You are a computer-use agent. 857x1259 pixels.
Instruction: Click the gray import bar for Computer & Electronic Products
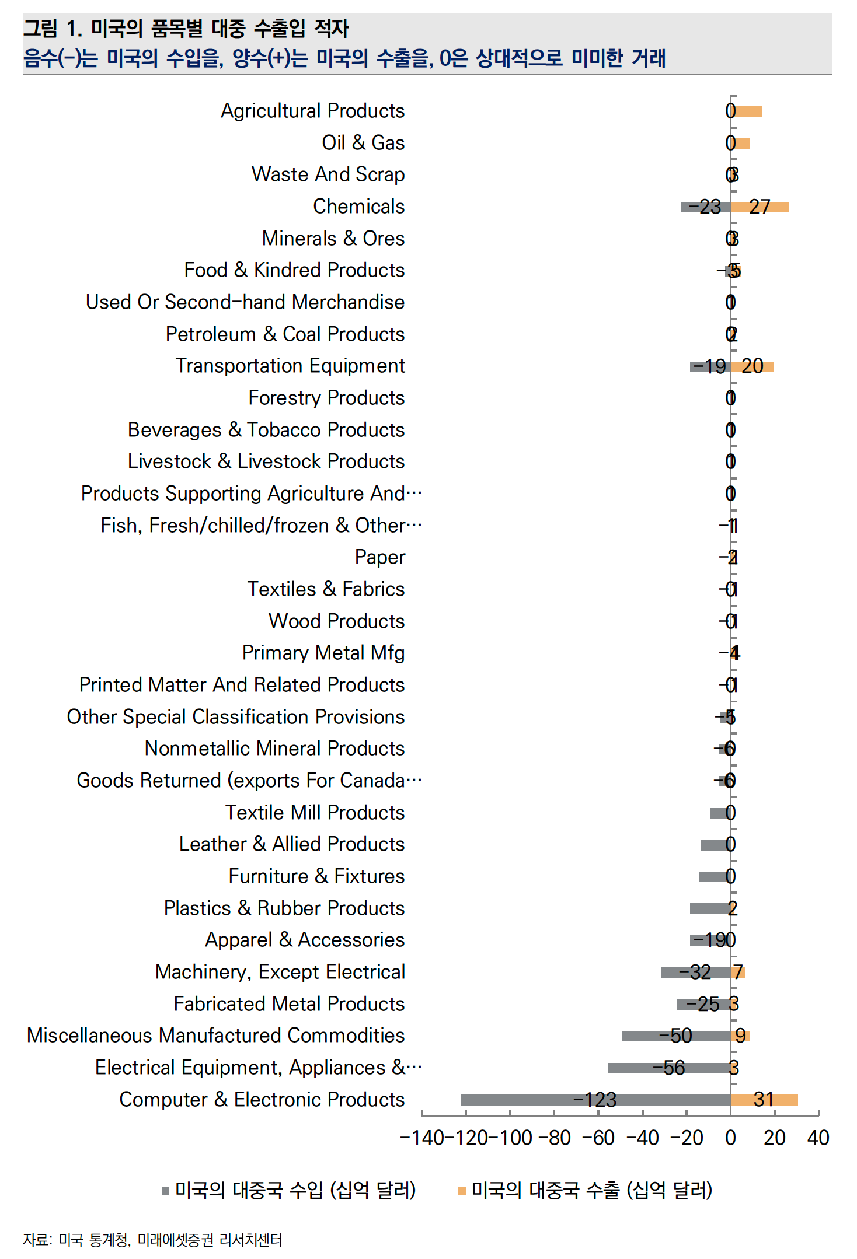(x=525, y=1100)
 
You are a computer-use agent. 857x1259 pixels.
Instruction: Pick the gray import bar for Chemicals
(x=685, y=207)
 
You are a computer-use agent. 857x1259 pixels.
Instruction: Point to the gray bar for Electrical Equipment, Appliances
(x=630, y=1068)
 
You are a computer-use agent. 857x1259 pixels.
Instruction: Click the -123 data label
(x=595, y=1100)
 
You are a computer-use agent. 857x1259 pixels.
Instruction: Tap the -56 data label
(x=668, y=1068)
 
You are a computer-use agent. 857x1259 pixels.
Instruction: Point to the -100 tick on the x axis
(x=511, y=1138)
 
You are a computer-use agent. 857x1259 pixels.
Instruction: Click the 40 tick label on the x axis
(x=818, y=1138)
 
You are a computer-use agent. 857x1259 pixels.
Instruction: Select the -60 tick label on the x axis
(x=598, y=1138)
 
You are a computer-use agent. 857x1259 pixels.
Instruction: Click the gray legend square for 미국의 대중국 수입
(x=166, y=1191)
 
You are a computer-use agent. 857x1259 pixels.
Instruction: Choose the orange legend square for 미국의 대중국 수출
(x=462, y=1191)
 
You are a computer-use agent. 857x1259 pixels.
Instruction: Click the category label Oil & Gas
(x=363, y=143)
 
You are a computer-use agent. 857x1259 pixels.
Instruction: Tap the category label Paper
(x=379, y=557)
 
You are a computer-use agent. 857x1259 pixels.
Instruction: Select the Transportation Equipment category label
(x=290, y=366)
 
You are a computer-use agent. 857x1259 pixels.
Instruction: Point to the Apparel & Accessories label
(x=305, y=940)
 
